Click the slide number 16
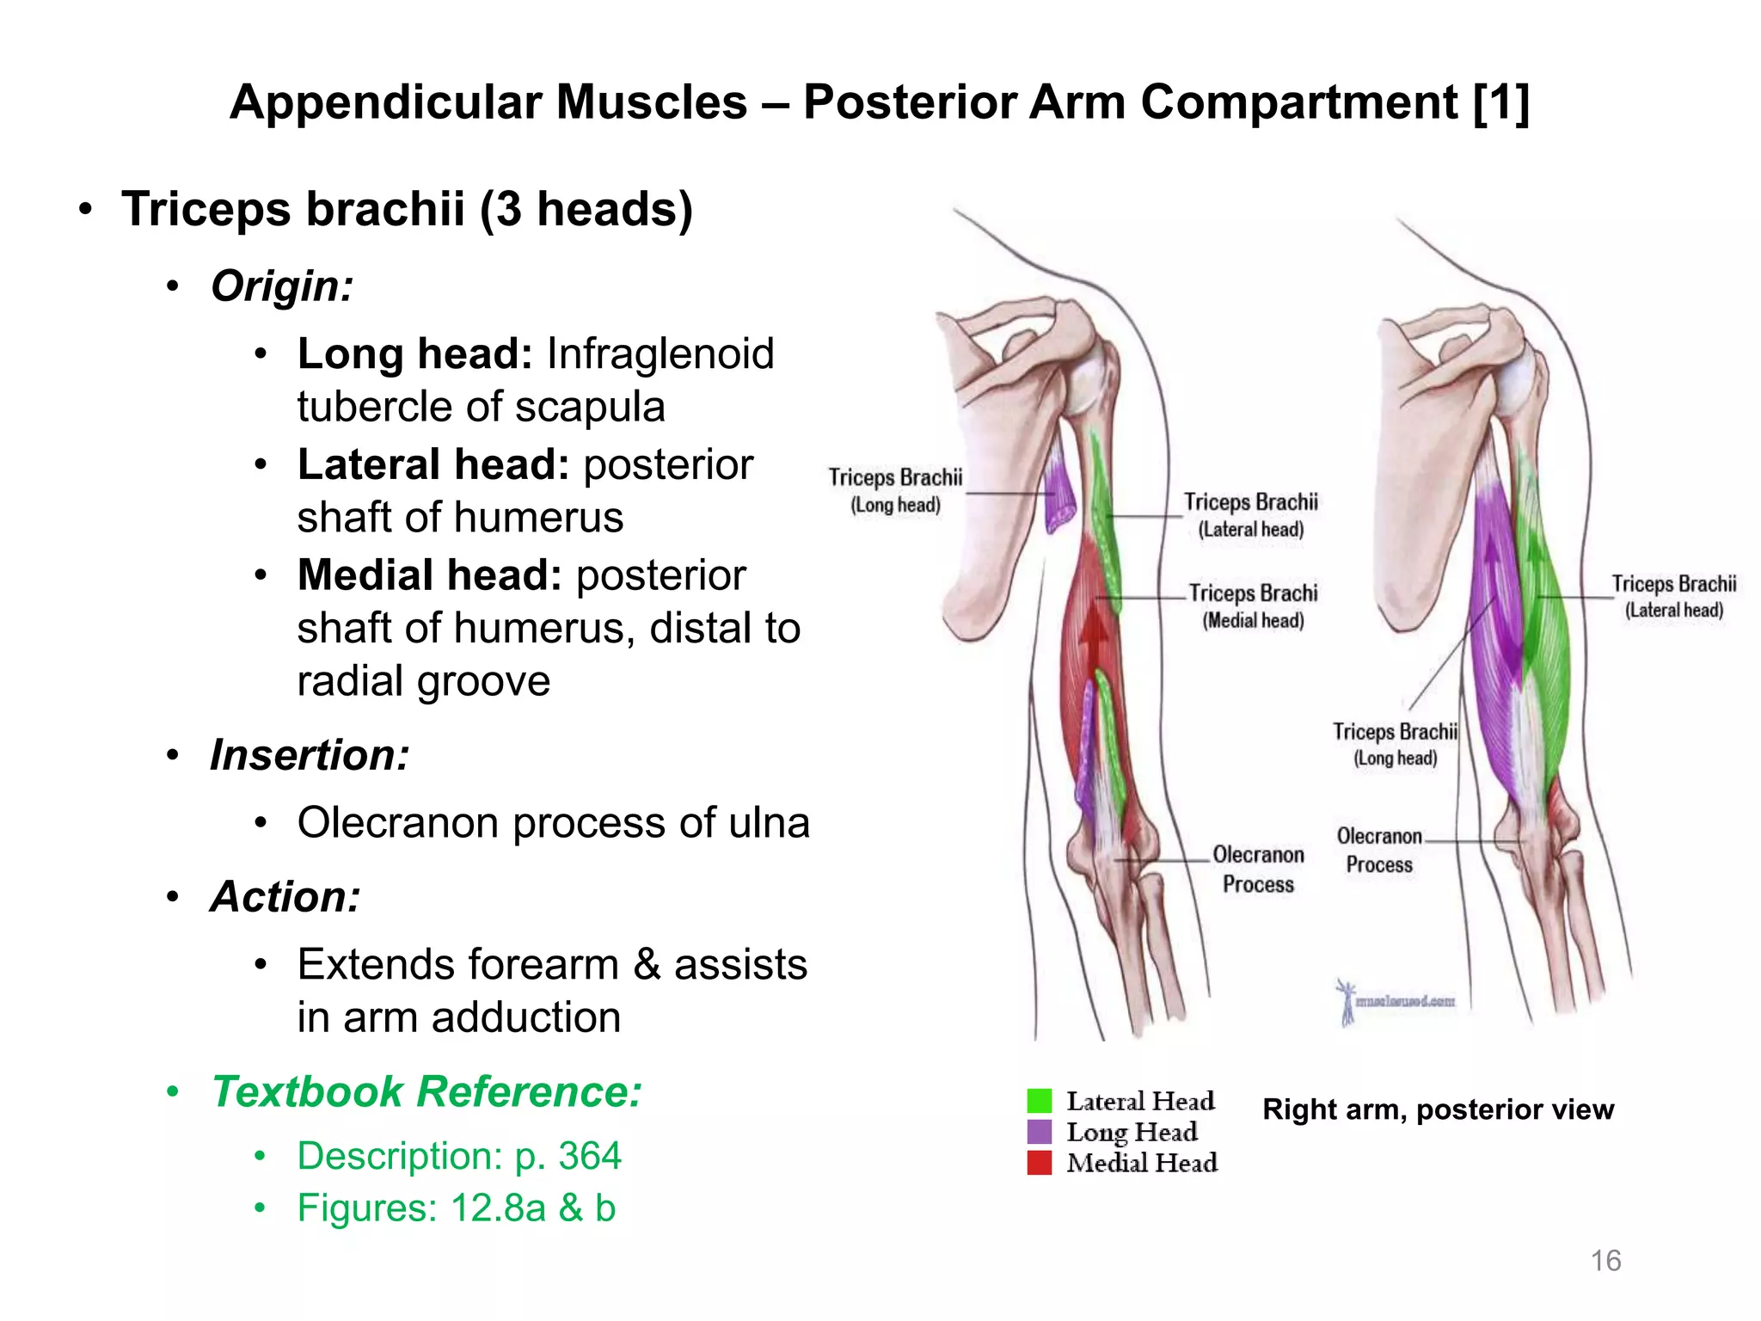coord(1605,1260)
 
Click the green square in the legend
coord(1040,1101)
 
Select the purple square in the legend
coord(1040,1132)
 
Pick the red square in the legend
coord(1040,1163)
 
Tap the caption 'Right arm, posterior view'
coord(1438,1109)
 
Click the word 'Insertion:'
coord(310,755)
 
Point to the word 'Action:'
coord(285,897)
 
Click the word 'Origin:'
coord(282,286)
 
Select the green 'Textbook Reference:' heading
coord(426,1091)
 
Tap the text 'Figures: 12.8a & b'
coord(456,1208)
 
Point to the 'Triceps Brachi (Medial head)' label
coord(1253,605)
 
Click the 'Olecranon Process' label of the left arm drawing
coord(1258,869)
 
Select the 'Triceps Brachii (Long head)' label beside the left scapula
coord(895,490)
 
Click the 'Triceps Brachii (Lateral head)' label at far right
coord(1673,596)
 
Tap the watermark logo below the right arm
coord(1393,1001)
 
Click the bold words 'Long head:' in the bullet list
coord(415,353)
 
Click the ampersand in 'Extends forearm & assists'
coord(647,964)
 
